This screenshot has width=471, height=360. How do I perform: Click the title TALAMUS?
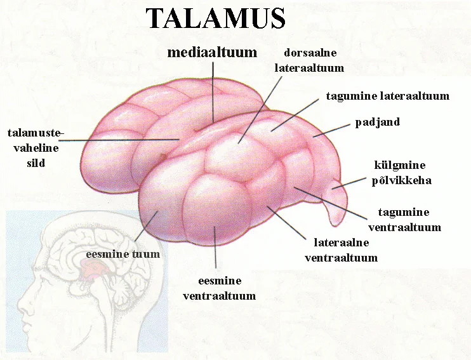[x=216, y=18]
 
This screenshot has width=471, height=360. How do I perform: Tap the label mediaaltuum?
[x=211, y=53]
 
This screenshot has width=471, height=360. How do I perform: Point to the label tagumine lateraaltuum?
[x=387, y=97]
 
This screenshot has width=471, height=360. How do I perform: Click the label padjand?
[x=378, y=122]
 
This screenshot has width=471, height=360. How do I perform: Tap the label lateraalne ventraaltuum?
[x=342, y=250]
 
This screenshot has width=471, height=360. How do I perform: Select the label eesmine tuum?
[x=123, y=254]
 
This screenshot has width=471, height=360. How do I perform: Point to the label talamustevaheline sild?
[x=36, y=147]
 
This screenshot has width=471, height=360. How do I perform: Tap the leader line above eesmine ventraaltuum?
[x=216, y=248]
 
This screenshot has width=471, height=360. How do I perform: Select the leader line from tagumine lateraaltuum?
[x=296, y=114]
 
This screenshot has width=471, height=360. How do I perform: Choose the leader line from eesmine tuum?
[x=147, y=226]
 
